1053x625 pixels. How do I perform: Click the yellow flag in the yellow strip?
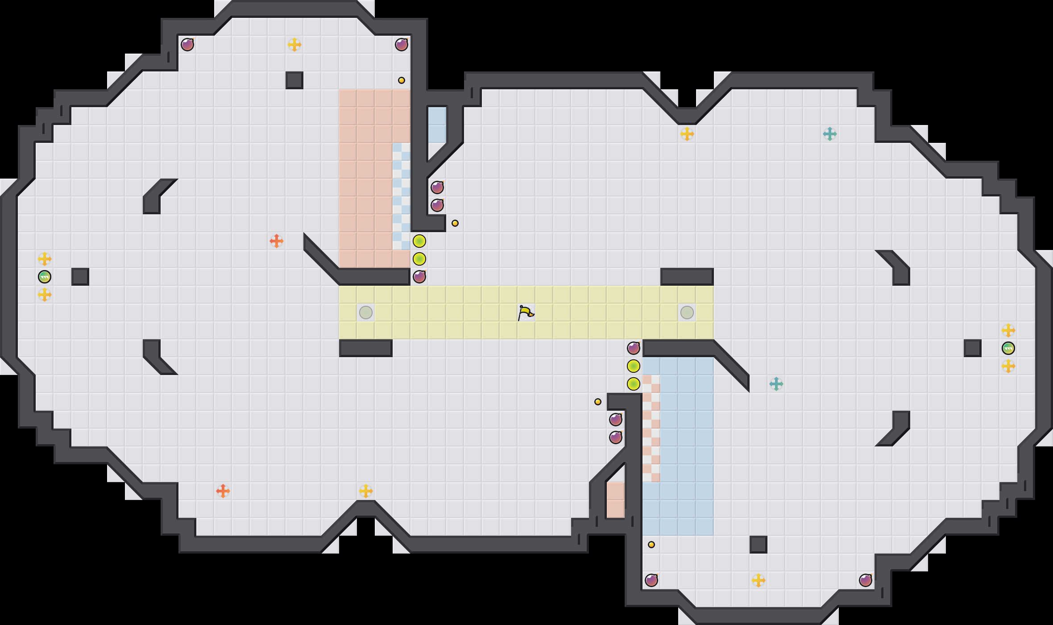click(x=526, y=312)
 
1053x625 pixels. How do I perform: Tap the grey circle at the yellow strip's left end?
click(x=366, y=312)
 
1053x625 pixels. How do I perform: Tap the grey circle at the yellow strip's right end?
click(x=687, y=312)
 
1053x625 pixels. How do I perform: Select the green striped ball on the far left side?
click(x=45, y=277)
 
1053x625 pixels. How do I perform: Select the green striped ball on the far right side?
click(x=1008, y=348)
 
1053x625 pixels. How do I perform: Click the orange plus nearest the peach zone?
click(x=277, y=241)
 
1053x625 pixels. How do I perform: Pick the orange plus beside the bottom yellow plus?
click(x=223, y=491)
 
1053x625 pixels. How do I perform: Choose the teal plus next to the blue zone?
click(x=776, y=384)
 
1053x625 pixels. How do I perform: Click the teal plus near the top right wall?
click(x=830, y=134)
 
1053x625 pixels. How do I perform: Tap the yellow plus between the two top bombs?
click(x=294, y=45)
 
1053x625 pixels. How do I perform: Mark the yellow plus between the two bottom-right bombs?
click(x=759, y=580)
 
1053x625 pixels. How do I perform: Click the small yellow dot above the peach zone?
click(x=402, y=80)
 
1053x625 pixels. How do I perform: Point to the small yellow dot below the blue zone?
click(x=651, y=545)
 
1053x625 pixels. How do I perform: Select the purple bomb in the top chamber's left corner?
click(x=187, y=45)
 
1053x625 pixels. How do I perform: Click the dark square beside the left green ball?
click(x=80, y=277)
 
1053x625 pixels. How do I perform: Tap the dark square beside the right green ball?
click(x=973, y=348)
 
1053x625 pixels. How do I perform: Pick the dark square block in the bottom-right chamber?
click(x=759, y=545)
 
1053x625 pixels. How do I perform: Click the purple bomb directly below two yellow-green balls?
click(x=419, y=277)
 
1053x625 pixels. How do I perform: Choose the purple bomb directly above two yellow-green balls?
click(x=634, y=348)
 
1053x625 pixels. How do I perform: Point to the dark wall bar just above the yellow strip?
click(x=687, y=277)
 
